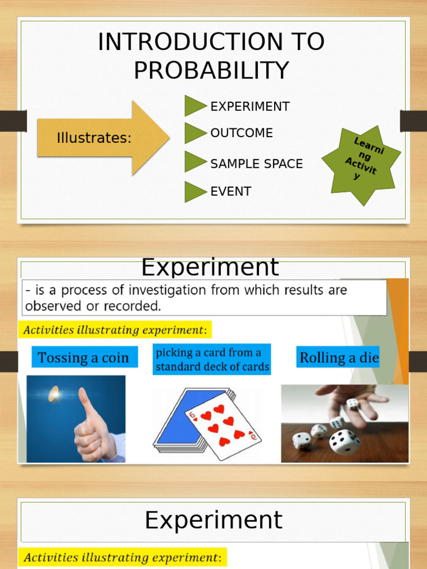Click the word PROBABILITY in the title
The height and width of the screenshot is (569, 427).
(x=211, y=70)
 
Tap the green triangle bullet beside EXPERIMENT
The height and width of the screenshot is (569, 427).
(x=194, y=106)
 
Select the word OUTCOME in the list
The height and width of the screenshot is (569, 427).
(x=241, y=133)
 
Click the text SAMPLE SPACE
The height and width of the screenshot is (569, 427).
(x=256, y=164)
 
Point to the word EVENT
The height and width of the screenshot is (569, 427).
(x=230, y=192)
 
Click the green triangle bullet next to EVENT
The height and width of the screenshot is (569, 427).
(x=194, y=192)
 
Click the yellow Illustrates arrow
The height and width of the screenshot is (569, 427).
(x=103, y=138)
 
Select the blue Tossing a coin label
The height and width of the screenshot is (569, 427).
(x=83, y=358)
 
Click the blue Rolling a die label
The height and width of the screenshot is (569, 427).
(x=339, y=358)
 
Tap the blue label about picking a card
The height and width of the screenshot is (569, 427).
(x=212, y=359)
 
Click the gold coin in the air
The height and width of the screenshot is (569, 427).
(x=53, y=394)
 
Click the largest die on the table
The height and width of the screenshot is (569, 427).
(x=344, y=441)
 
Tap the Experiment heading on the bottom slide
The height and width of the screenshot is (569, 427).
(x=213, y=521)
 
